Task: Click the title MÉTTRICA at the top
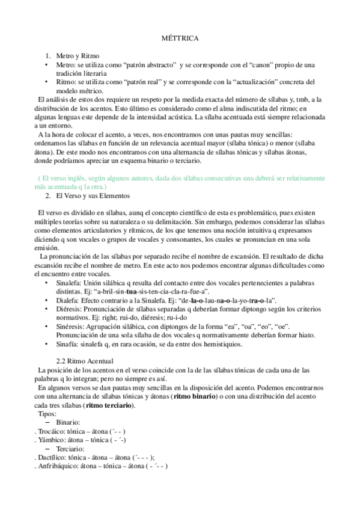[180, 38]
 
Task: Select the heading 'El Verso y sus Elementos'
[91, 197]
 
